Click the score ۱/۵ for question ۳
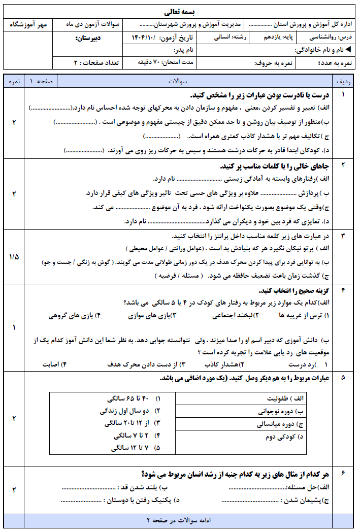(14, 256)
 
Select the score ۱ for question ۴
(14, 327)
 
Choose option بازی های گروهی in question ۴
(71, 315)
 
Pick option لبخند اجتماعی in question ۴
(232, 315)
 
